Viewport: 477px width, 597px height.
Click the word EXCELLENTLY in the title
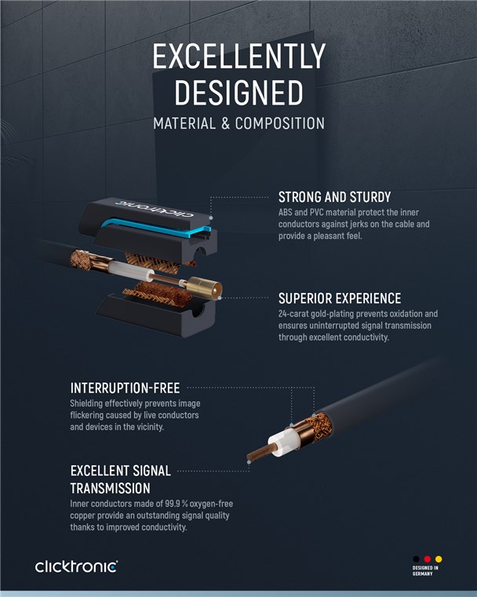coord(238,56)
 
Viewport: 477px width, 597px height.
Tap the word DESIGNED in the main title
coord(238,93)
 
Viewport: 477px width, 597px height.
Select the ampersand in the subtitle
coord(226,123)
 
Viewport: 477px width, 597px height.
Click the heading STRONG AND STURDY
coord(335,197)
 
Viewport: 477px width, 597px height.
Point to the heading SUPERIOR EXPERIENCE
coord(340,298)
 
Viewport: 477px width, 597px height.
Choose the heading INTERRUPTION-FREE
coord(126,388)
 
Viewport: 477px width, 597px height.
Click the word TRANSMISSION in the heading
coord(111,488)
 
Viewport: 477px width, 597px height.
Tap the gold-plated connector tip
coord(205,289)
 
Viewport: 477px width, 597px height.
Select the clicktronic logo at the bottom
coord(76,566)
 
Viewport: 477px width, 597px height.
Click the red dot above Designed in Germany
coord(427,559)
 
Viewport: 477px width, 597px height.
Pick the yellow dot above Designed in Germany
coord(439,559)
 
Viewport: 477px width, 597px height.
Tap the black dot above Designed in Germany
coord(416,559)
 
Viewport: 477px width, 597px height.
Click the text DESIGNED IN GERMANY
coord(425,571)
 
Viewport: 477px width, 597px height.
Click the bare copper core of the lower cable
coord(260,453)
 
